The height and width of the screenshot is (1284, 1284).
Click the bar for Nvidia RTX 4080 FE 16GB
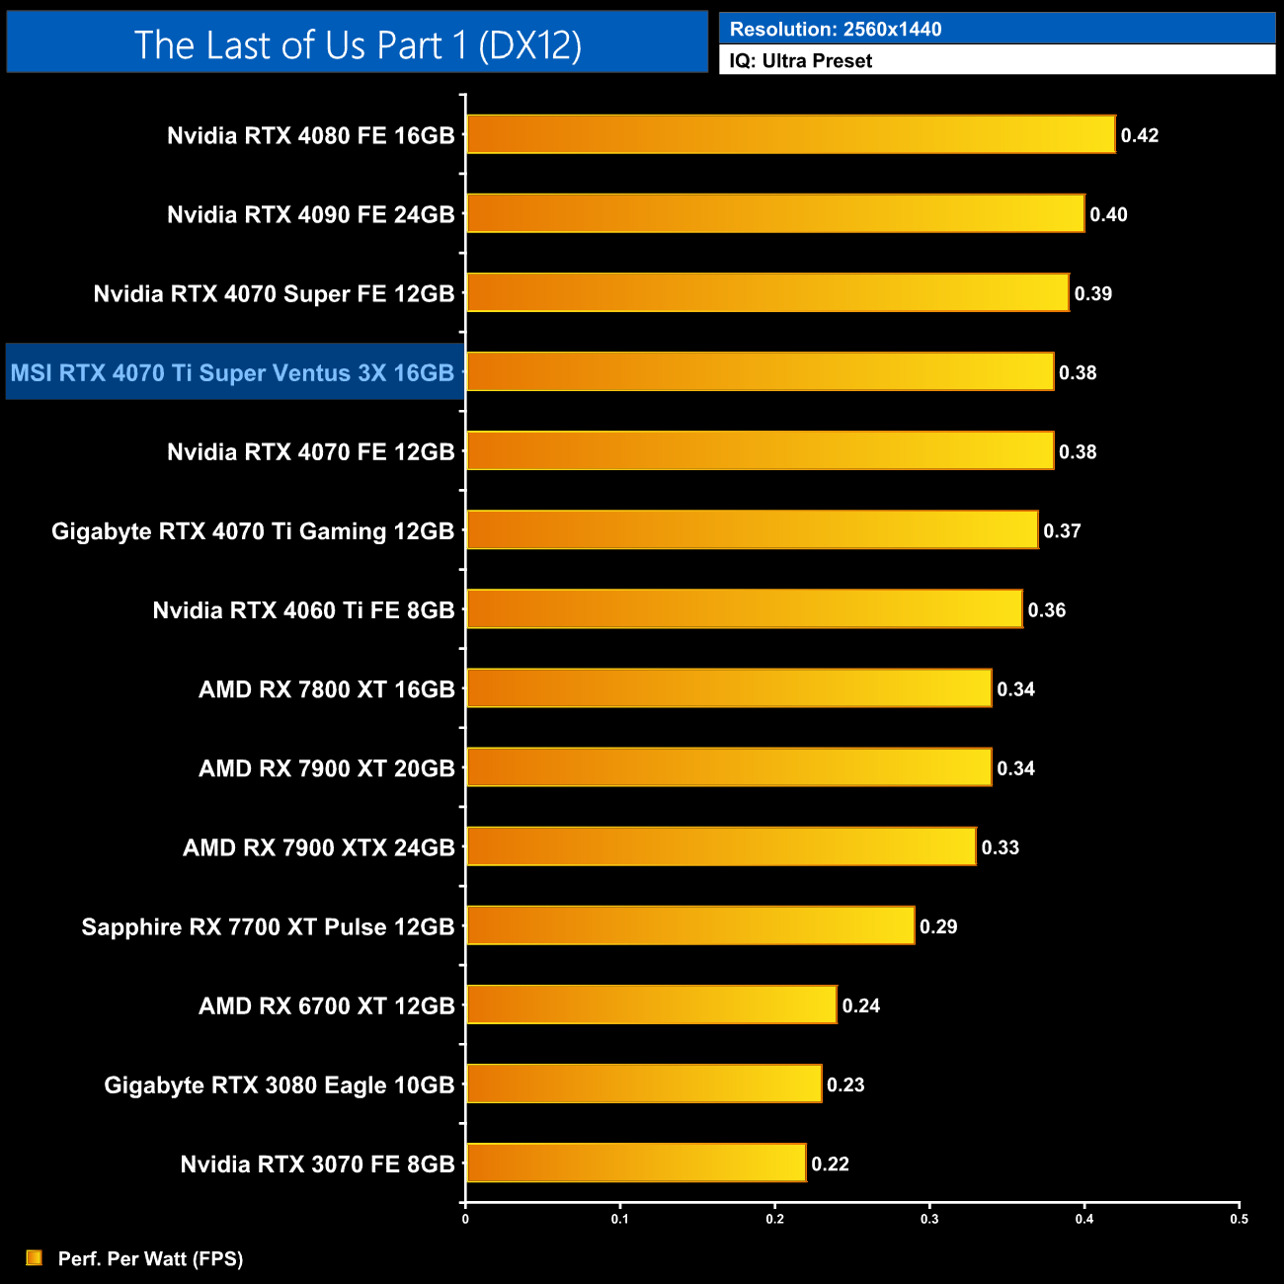point(790,134)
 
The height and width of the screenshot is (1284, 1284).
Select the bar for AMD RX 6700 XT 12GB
point(652,1004)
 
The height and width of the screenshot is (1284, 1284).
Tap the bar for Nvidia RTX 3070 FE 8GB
point(636,1163)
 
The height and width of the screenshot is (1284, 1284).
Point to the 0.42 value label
point(1140,135)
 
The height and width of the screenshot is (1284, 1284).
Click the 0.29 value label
point(938,926)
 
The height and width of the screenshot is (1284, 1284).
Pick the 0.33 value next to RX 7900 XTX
point(1000,847)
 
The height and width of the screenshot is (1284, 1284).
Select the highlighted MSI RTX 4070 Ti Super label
point(233,372)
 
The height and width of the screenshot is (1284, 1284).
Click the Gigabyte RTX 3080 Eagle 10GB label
point(280,1084)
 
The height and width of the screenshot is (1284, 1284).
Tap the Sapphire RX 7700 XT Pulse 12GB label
point(268,926)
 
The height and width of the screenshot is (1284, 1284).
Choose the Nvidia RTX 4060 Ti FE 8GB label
point(303,610)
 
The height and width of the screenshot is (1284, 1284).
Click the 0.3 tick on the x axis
point(929,1219)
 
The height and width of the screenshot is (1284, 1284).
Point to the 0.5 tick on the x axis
point(1239,1219)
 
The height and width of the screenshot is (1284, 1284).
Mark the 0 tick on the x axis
point(465,1219)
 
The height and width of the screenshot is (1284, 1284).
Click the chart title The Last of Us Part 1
point(358,44)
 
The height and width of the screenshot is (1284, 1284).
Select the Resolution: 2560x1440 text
point(836,29)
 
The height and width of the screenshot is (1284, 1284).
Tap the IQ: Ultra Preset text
point(801,60)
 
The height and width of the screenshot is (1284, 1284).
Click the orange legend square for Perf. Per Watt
point(35,1257)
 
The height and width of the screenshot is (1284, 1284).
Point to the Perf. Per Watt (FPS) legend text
point(150,1258)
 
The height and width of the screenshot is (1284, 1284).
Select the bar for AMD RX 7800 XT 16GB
point(729,688)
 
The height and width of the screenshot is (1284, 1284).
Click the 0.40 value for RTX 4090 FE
point(1108,214)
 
